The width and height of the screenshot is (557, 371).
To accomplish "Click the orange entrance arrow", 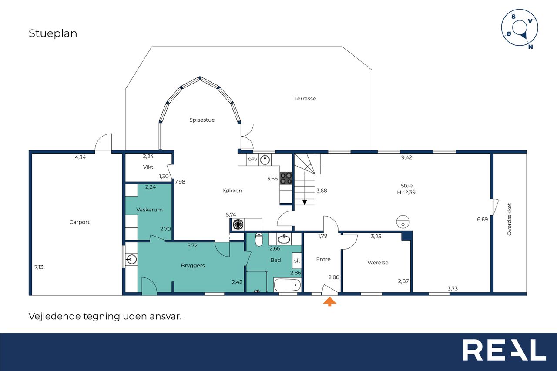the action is tap(329, 301).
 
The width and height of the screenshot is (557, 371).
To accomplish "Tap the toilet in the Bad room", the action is tap(259, 239).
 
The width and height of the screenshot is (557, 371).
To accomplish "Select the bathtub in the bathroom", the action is tap(287, 285).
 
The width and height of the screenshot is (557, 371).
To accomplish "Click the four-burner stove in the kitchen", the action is tap(286, 178).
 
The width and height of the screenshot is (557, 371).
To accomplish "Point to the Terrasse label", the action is tap(305, 99).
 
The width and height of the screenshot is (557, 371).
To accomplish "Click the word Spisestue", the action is tap(202, 120).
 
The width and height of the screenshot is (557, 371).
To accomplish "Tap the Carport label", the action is tap(79, 222).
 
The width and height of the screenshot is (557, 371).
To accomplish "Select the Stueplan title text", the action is tap(53, 33).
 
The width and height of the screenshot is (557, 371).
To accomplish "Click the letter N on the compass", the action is tap(530, 47).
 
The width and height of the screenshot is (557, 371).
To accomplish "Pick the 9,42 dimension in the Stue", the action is tap(406, 157).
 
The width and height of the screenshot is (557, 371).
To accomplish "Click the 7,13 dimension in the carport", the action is tap(39, 267).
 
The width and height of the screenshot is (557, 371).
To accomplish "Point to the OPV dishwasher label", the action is tap(252, 159).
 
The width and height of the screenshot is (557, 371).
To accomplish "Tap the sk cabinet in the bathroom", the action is tap(297, 261).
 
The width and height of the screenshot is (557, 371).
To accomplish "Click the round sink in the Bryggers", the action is tap(131, 259).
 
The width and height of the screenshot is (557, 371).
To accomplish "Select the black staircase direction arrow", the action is tap(305, 202).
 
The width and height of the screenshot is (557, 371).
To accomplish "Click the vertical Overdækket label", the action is tap(509, 219).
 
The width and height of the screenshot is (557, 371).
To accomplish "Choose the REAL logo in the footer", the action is tap(504, 350).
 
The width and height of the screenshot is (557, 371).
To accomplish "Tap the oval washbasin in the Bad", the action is tap(284, 239).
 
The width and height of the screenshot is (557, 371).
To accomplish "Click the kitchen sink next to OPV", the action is tap(265, 160).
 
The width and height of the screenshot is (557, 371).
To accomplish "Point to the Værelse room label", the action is tap(378, 263).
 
